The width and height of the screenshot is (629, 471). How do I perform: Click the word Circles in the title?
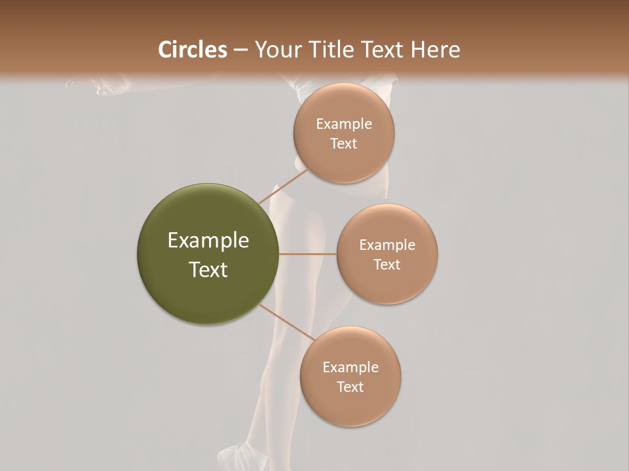coord(193,50)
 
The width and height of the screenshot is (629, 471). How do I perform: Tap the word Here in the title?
coord(435,50)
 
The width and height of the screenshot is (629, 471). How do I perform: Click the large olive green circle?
coord(208,254)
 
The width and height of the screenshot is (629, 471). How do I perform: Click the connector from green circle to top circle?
coord(283,187)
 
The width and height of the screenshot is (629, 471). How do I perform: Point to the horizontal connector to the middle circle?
coord(308,254)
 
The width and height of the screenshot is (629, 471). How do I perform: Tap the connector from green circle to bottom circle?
coord(286,323)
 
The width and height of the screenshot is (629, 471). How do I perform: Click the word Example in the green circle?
coord(208,241)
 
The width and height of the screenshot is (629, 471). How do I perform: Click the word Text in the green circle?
coord(208,270)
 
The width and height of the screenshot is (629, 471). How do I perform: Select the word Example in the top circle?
coord(343,124)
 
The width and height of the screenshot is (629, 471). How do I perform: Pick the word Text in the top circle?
coord(343,144)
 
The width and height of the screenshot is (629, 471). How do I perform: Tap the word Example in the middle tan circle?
coord(387,245)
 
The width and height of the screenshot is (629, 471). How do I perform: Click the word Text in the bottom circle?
coord(350,387)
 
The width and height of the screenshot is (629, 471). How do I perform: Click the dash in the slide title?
coord(240,50)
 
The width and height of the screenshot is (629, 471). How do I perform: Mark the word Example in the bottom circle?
coord(350,368)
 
